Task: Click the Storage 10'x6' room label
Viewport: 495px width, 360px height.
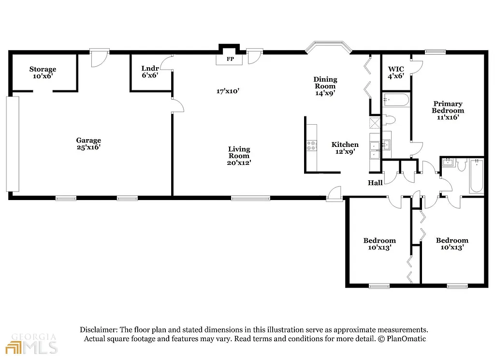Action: tap(43, 72)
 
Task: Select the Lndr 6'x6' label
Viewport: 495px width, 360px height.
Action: tap(150, 72)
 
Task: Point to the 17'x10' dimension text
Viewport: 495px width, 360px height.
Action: tap(228, 91)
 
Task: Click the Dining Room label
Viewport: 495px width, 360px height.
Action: tap(325, 86)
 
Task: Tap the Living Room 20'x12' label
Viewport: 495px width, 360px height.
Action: tap(239, 156)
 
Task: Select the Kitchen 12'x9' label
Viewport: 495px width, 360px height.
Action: tap(345, 148)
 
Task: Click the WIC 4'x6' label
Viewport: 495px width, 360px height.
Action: tap(396, 72)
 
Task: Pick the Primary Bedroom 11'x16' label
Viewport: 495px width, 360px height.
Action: tap(447, 110)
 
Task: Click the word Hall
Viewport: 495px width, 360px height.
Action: tap(375, 183)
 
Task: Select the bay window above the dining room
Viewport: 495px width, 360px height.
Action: tap(328, 47)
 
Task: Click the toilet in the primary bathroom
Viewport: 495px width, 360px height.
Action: tap(390, 120)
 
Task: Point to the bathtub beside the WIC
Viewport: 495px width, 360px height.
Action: tap(396, 101)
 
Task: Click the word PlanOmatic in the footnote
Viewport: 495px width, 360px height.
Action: tap(407, 339)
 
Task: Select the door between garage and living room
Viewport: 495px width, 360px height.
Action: tap(177, 104)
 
